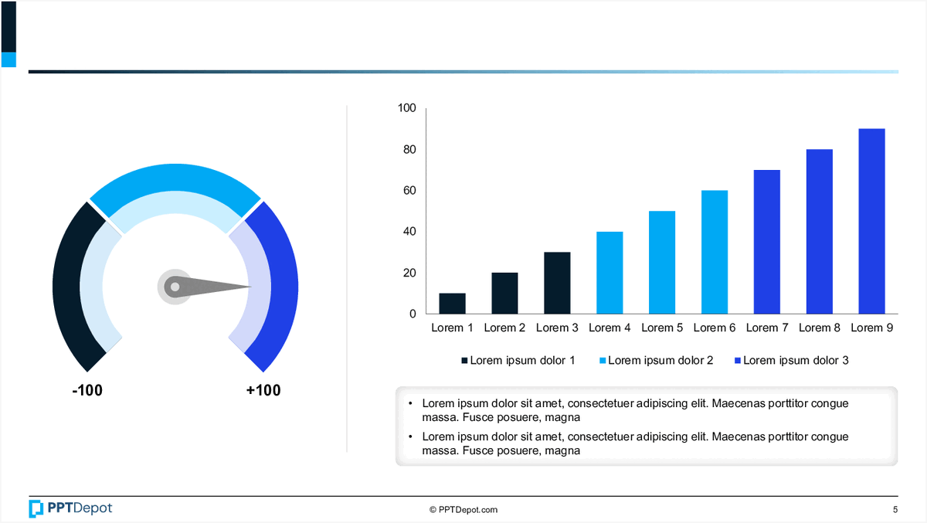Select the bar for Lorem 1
(452, 304)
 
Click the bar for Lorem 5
(662, 263)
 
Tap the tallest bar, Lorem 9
(871, 221)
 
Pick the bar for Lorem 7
(767, 242)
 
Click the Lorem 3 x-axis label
(557, 328)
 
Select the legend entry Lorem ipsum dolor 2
(660, 361)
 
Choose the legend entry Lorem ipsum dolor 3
(796, 361)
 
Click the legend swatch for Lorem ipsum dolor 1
(464, 361)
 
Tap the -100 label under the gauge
(87, 391)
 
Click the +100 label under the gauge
(263, 391)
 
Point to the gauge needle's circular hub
(175, 287)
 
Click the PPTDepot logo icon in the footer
(36, 508)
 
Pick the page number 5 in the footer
(895, 510)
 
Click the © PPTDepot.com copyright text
(463, 510)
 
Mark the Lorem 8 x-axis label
(819, 328)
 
